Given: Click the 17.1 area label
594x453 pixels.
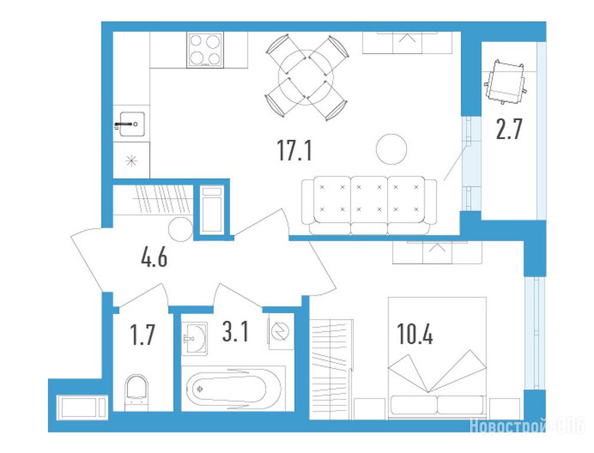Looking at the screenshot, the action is [x=295, y=150].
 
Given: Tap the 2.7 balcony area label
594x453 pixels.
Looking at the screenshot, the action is [x=510, y=129].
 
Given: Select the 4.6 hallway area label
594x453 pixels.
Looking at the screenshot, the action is [x=154, y=258].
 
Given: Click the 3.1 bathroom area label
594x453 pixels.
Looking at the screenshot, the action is [x=235, y=331].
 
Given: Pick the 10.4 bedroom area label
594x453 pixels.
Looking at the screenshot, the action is [x=415, y=334].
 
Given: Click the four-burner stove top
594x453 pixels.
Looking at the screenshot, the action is [x=205, y=50].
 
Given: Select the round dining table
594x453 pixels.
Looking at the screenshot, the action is [x=306, y=78].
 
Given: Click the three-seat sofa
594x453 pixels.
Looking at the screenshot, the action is [x=369, y=205].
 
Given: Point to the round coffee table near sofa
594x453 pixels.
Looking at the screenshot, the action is [x=392, y=149].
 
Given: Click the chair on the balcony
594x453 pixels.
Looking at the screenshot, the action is [x=506, y=81].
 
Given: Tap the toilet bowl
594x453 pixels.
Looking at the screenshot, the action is [x=136, y=392].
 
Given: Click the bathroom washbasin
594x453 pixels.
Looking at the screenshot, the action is [x=194, y=338].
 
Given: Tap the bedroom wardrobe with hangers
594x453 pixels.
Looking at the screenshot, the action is [x=332, y=369].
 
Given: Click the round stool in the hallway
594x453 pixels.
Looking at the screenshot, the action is [x=181, y=229].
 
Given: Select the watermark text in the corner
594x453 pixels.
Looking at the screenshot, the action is [x=528, y=426].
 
